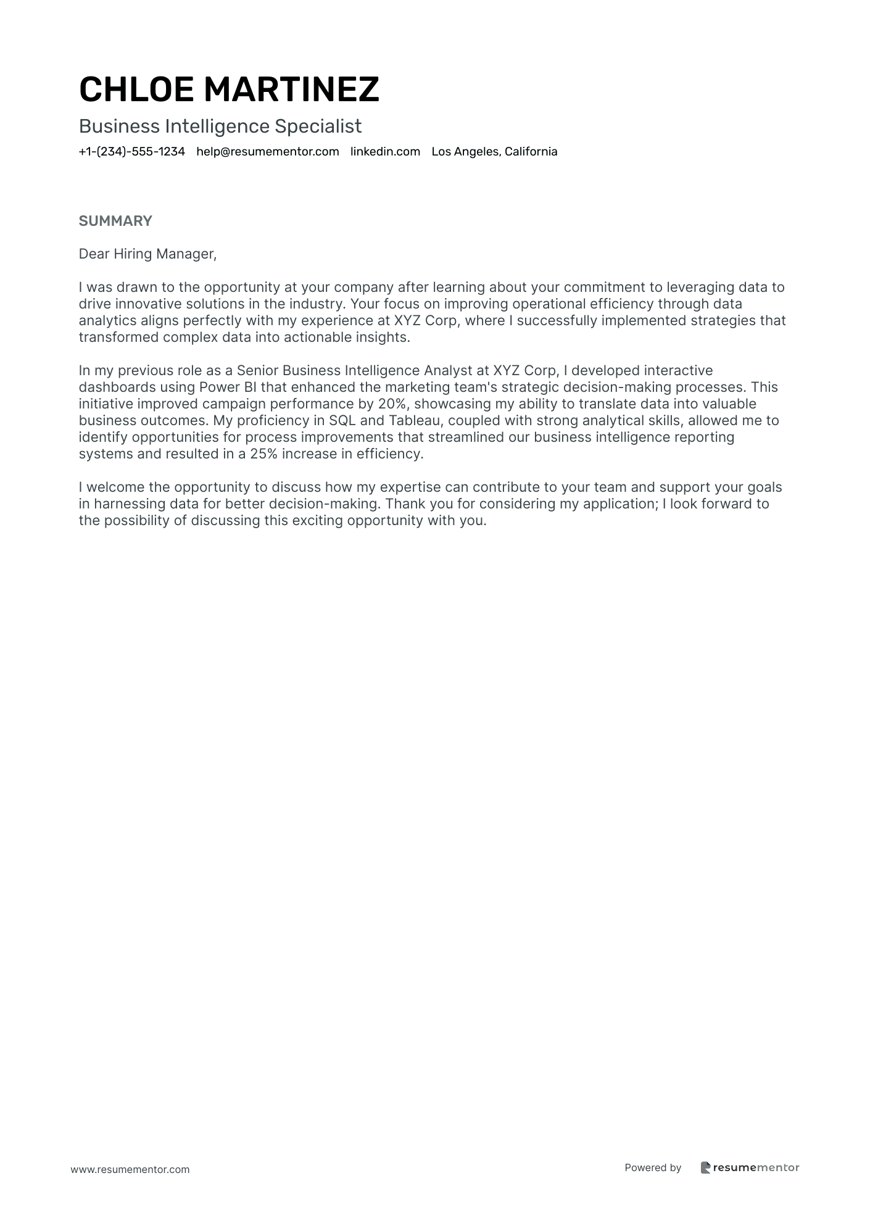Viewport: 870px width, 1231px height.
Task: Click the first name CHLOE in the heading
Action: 136,89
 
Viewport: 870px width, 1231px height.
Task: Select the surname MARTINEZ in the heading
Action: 291,89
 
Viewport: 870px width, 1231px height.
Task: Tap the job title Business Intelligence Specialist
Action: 220,126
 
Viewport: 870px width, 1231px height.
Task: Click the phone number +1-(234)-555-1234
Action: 132,152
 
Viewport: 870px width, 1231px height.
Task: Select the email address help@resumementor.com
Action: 268,152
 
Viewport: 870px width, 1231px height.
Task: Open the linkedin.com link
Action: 385,152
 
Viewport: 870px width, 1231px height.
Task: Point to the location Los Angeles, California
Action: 494,152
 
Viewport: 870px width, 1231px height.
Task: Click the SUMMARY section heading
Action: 115,221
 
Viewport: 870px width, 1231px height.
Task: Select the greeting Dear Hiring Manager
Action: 147,254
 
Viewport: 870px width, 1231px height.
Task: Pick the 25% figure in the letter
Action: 263,454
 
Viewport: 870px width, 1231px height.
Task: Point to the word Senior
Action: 257,371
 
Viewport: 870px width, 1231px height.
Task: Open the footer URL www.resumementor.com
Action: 130,1169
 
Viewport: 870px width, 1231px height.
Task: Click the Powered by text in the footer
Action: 653,1167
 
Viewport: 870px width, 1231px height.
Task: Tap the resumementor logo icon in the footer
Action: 706,1167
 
